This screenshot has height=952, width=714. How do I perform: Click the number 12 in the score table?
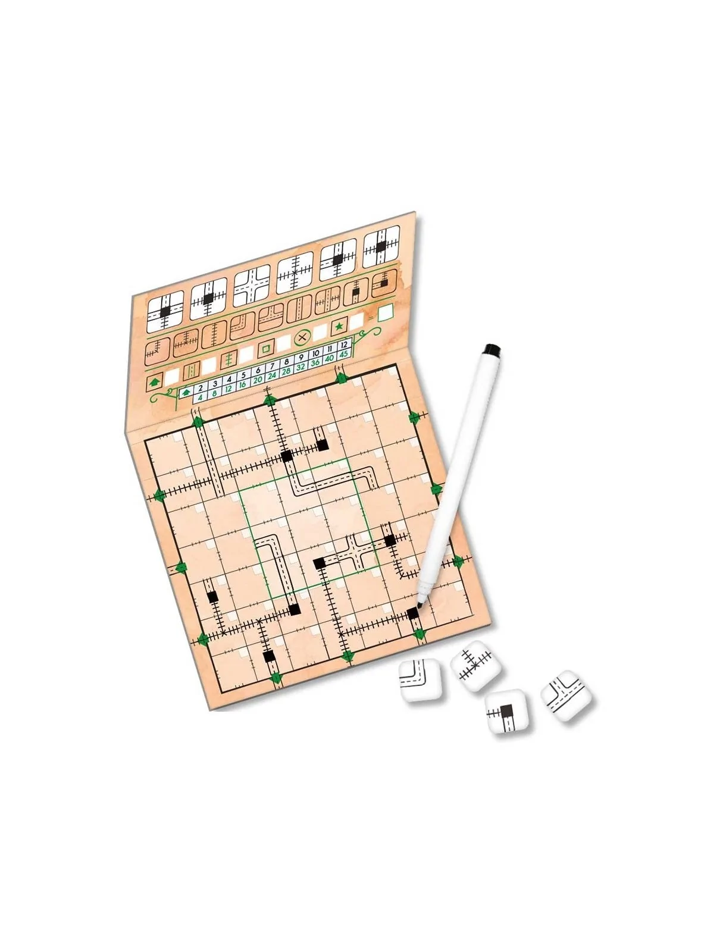point(344,345)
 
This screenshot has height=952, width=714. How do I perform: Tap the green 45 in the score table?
point(344,353)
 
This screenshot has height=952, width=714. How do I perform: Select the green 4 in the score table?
point(200,397)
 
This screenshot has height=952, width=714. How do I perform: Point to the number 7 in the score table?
point(272,367)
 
